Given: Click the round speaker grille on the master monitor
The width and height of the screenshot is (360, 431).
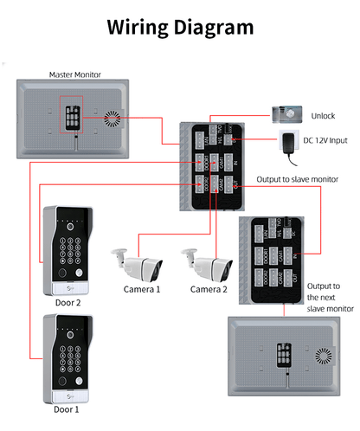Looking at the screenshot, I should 110,118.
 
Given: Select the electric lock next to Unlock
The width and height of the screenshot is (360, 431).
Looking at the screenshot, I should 286,113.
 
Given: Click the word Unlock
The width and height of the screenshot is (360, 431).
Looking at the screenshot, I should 322,114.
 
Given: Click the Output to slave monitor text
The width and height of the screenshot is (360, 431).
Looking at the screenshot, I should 297,180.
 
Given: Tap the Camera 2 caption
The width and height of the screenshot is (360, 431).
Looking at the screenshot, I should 209,289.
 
